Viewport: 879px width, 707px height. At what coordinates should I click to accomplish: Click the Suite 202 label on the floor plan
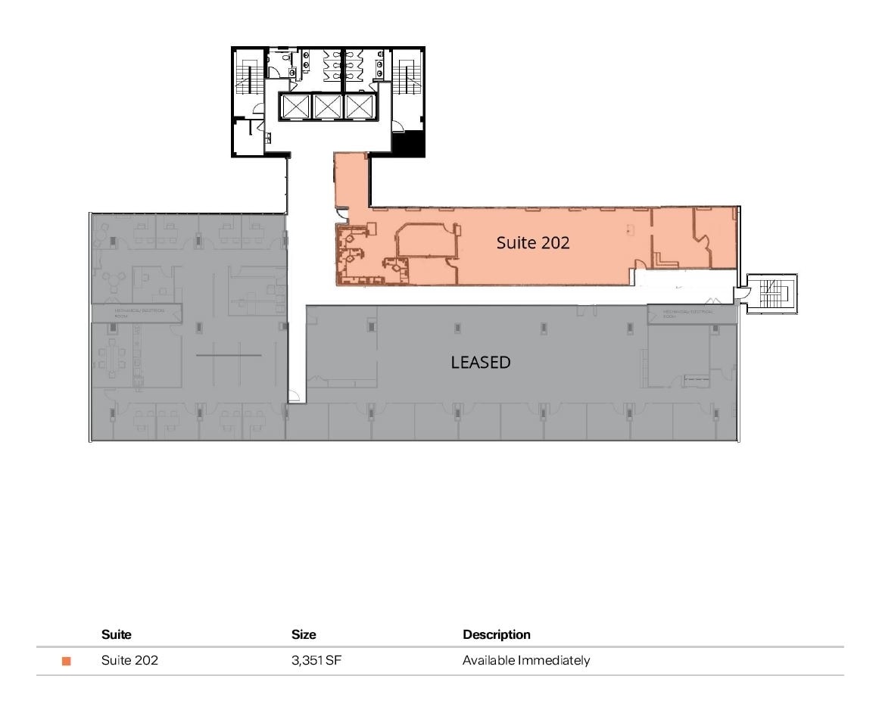coord(533,243)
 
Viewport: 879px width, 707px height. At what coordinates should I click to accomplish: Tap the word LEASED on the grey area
coord(481,363)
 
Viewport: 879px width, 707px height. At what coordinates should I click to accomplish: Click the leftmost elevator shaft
coord(295,107)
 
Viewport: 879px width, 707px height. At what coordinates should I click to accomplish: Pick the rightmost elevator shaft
coord(359,107)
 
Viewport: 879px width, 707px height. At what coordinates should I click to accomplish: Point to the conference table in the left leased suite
coord(118,358)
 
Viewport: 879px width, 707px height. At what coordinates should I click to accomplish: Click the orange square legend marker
coord(67,662)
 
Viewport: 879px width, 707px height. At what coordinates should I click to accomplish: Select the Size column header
coord(304,634)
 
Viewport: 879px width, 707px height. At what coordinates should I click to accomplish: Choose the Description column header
coord(497,634)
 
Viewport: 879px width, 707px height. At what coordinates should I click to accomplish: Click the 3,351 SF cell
coord(310,661)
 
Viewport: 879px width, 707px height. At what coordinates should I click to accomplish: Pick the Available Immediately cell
coord(526,661)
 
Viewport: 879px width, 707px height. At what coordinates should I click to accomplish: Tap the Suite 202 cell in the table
coord(129,661)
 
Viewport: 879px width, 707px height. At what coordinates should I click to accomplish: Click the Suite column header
coord(116,634)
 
